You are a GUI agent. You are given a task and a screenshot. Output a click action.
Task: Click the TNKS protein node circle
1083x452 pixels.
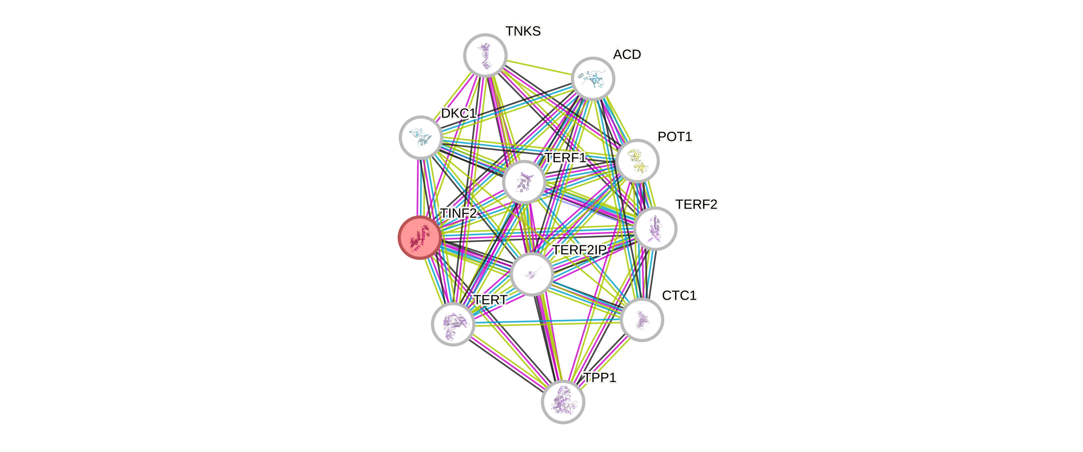tap(485, 55)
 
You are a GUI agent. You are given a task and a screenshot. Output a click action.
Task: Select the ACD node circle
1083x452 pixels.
tap(593, 79)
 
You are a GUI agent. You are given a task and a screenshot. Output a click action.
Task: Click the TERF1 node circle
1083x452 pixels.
tap(524, 182)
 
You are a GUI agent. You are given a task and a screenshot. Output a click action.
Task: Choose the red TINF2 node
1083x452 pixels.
tap(420, 238)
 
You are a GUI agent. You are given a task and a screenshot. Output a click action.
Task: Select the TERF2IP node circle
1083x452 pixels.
tap(532, 274)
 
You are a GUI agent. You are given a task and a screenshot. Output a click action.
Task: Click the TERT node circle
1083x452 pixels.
tap(453, 324)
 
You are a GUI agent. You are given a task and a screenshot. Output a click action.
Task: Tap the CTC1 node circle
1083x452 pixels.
tap(641, 320)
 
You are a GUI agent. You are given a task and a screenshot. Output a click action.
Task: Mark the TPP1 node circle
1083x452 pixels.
tap(563, 402)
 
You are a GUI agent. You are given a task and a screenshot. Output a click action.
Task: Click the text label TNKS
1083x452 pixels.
tap(523, 31)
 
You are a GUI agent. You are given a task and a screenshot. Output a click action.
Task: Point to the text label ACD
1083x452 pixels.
tap(627, 55)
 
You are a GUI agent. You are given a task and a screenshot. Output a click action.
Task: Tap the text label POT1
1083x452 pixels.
tap(674, 137)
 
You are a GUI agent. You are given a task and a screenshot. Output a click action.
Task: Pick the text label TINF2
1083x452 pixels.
tap(458, 213)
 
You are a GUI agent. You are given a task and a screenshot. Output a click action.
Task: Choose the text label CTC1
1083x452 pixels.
tap(679, 296)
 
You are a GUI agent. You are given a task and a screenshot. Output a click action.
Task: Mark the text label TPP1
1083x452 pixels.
tap(600, 378)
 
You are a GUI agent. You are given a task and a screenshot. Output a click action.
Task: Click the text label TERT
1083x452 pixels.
tap(490, 300)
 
